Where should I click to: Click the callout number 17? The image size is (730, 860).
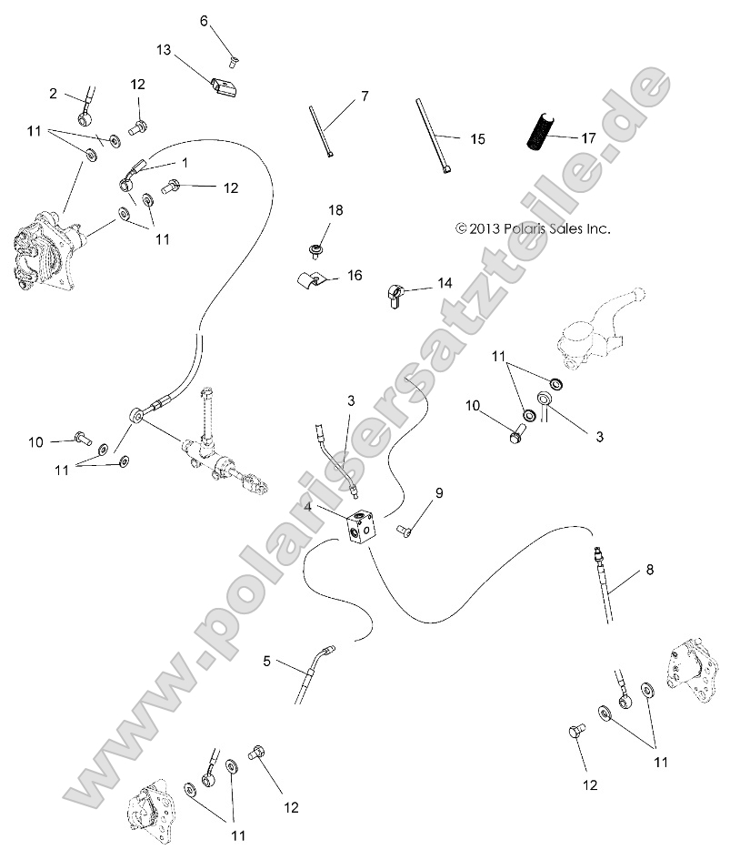tap(588, 138)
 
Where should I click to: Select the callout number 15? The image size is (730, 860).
tap(477, 139)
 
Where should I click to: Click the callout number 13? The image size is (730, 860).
tap(164, 49)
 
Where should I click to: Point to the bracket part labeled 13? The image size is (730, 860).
tap(225, 90)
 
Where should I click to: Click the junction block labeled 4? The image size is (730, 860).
tap(362, 526)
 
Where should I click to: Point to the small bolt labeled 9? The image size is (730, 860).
tap(404, 530)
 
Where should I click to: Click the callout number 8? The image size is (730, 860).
tap(649, 571)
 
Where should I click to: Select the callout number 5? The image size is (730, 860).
tap(266, 662)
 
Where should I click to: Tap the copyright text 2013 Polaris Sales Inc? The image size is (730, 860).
tap(533, 229)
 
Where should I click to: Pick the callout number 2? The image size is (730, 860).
tap(53, 93)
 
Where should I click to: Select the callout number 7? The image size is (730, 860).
tap(365, 96)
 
